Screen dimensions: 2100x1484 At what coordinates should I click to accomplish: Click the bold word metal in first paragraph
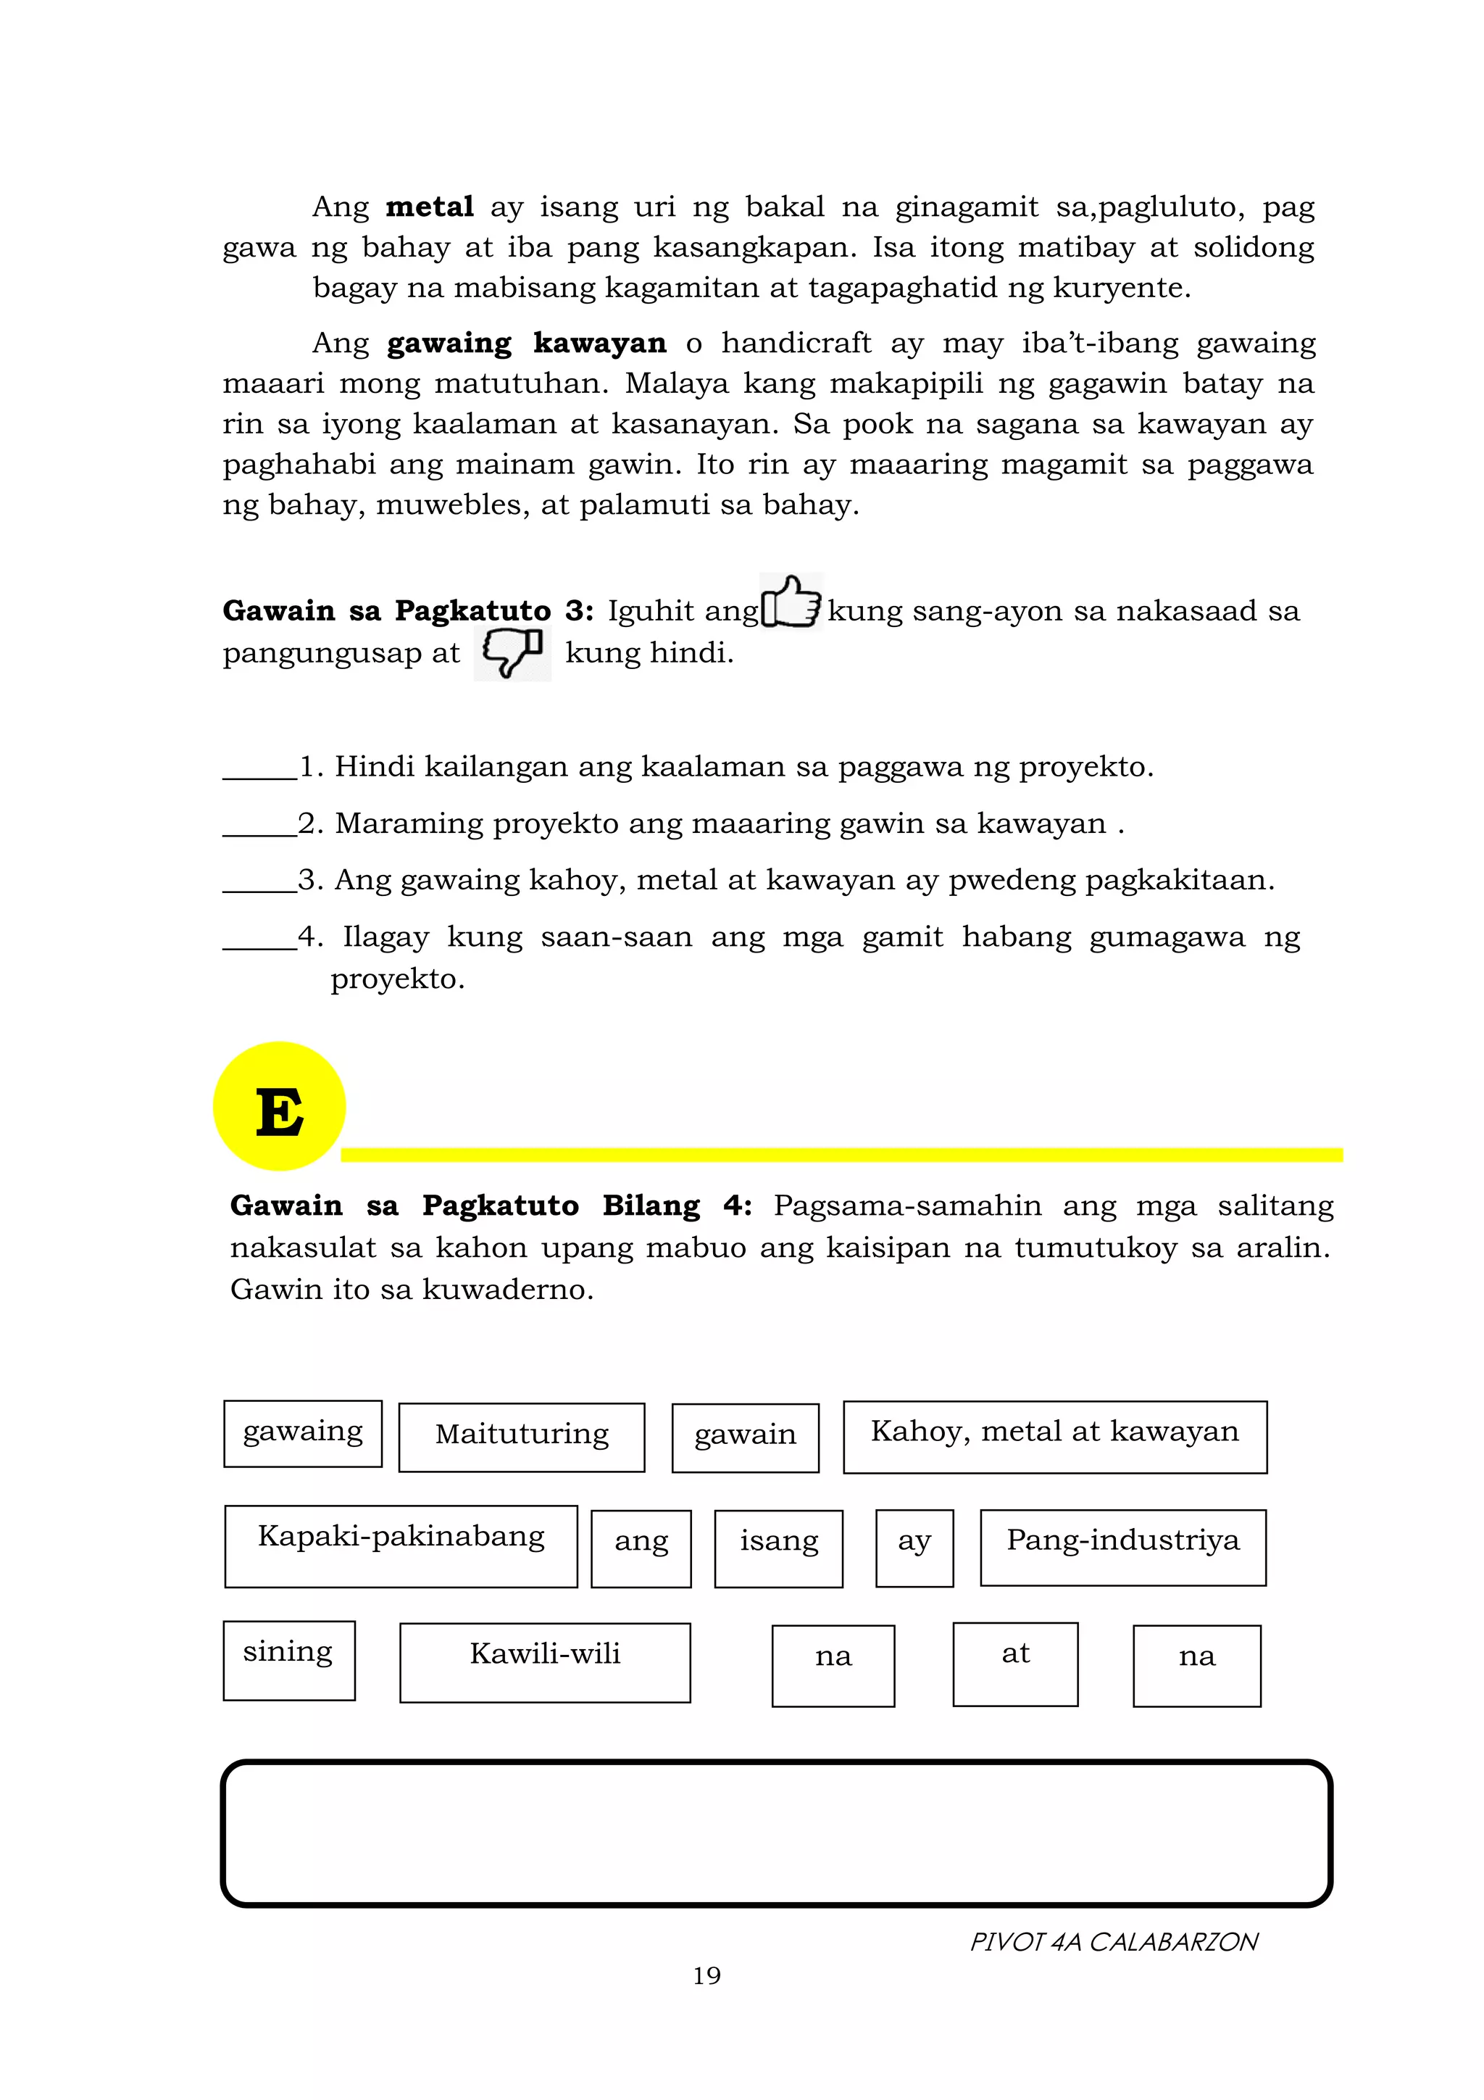429,207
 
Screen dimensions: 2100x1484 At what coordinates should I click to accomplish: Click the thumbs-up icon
791,602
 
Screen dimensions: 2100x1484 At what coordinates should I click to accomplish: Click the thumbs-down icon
512,652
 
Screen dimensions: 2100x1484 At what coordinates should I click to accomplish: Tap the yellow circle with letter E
280,1107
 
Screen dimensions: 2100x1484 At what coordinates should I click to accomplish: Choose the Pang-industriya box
1123,1547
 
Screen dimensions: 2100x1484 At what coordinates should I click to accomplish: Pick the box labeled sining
289,1660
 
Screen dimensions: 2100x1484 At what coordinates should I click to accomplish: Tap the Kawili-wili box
545,1662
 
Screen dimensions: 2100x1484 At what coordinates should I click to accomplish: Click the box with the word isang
778,1548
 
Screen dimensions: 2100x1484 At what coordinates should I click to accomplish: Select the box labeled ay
914,1548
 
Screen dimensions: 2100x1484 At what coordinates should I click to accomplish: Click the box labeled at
1015,1664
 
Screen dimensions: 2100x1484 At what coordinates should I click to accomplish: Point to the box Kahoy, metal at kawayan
1054,1437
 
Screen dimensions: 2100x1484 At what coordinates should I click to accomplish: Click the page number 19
706,1975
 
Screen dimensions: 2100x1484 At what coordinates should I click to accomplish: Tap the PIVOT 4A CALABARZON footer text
1113,1941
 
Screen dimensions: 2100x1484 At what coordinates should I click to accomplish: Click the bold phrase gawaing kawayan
526,343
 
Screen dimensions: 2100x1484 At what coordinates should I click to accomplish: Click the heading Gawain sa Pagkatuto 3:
408,611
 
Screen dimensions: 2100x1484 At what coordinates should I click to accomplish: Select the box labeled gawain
745,1437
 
